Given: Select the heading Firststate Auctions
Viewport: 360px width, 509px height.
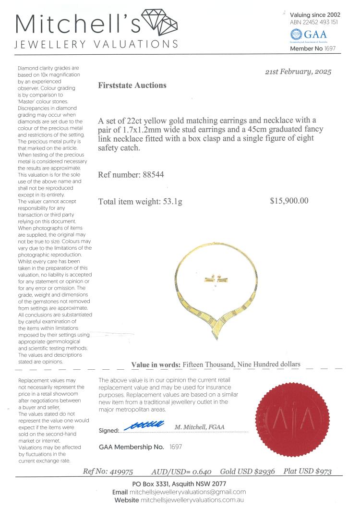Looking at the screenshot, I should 132,85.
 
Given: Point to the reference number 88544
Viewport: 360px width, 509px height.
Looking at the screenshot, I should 154,174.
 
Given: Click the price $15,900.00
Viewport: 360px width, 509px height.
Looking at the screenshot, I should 289,201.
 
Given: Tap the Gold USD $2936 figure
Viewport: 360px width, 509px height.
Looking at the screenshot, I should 248,472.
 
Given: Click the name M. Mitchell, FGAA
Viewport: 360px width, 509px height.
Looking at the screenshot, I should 199,427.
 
